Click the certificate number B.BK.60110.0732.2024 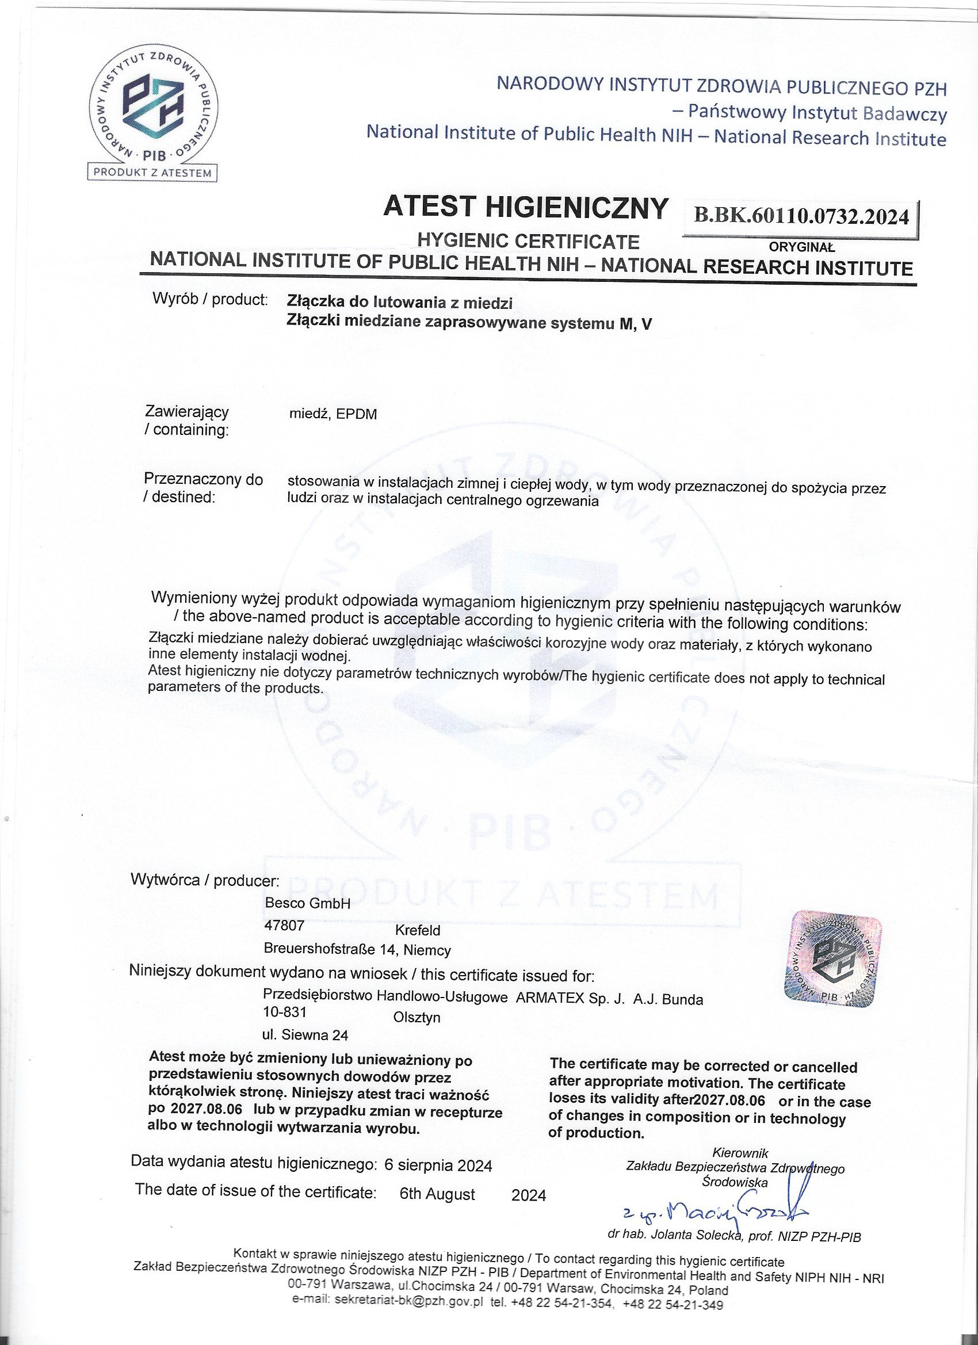(x=801, y=216)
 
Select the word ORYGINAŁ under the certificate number (x=802, y=247)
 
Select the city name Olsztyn (x=417, y=1018)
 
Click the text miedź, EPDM (x=332, y=415)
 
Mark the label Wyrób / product (x=210, y=300)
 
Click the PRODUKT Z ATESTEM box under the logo (x=152, y=173)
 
